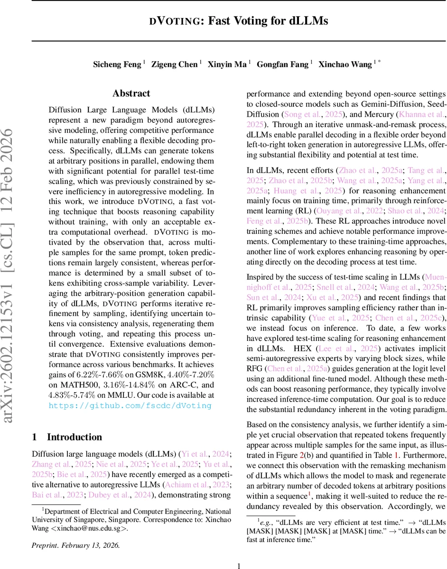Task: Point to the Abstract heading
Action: [x=131, y=93]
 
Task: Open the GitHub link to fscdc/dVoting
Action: [x=130, y=405]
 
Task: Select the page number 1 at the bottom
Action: [x=239, y=565]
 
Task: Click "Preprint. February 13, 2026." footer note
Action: [x=75, y=545]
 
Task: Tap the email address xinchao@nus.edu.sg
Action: [x=91, y=528]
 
